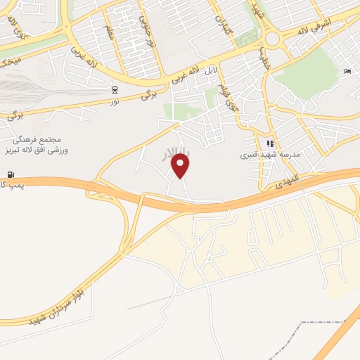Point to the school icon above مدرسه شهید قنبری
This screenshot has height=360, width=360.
coord(269,143)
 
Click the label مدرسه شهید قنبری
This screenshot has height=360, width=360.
coord(270,155)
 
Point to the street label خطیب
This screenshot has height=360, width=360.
coord(265,54)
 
